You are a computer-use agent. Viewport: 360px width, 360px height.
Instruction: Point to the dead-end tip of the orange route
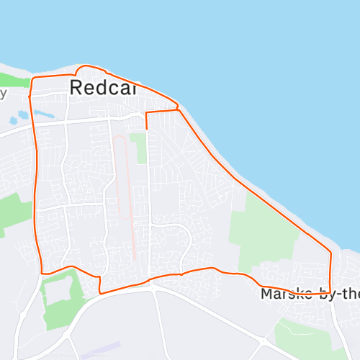click(x=146, y=129)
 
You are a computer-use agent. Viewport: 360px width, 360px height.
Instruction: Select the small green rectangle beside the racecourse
click(x=138, y=148)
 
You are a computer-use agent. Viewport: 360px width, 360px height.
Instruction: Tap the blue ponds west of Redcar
click(x=43, y=114)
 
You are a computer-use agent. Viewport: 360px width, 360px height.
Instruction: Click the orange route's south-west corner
click(x=42, y=273)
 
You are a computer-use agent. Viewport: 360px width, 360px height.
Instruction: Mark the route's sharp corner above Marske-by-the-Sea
click(x=330, y=252)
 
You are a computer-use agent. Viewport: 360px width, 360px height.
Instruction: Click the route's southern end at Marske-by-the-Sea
click(x=330, y=292)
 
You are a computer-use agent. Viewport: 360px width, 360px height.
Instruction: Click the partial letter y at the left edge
click(x=3, y=93)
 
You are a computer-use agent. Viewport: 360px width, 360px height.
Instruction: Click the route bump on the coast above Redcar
click(x=90, y=66)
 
